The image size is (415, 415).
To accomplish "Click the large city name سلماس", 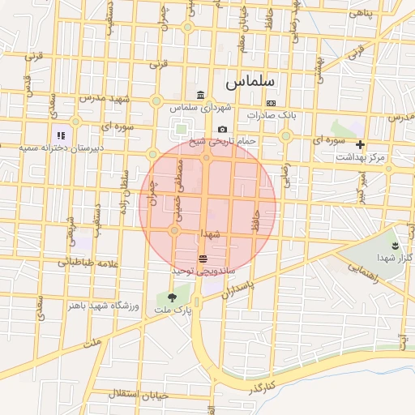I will click(250, 82).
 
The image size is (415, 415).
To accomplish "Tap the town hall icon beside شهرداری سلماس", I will click(200, 96).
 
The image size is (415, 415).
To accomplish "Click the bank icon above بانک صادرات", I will click(270, 103).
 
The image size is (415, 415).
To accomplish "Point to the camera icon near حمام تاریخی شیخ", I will click(222, 130).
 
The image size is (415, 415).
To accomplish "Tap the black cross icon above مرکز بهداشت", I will click(360, 144).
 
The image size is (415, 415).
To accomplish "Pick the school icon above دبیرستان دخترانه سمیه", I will click(60, 135).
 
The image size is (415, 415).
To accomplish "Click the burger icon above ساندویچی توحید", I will click(202, 259).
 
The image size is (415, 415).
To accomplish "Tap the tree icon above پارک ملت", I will click(171, 297).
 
